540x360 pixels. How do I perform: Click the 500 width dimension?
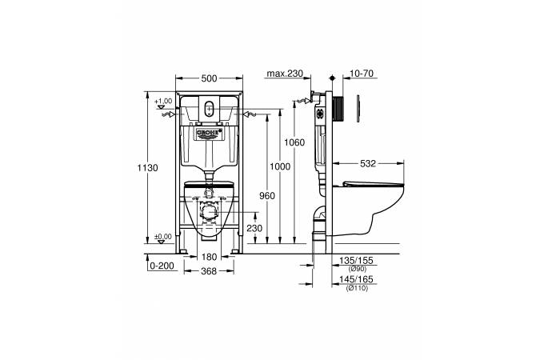[209, 78]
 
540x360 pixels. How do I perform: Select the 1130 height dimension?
[148, 168]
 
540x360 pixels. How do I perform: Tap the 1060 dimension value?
[294, 142]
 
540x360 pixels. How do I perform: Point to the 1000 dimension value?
[280, 166]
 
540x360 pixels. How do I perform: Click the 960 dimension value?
[267, 196]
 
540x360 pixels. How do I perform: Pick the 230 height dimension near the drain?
[254, 228]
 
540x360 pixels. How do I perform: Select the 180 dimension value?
[209, 257]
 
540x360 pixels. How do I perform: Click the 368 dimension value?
[209, 271]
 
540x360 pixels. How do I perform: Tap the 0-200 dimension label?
[162, 266]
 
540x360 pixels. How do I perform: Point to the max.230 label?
[285, 74]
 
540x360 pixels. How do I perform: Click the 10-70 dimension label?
[362, 74]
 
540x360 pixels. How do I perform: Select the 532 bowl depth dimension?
[368, 164]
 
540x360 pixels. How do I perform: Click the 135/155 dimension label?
[356, 261]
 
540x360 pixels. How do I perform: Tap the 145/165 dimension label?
[356, 279]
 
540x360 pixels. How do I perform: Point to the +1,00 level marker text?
[163, 102]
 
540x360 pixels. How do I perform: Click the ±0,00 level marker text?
[163, 237]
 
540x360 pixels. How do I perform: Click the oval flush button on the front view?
[209, 109]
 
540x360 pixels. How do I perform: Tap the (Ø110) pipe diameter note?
[357, 288]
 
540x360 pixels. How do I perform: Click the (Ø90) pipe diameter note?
[358, 269]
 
